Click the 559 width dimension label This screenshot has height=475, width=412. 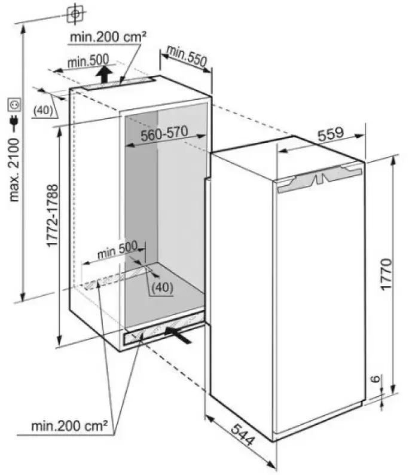coord(331,134)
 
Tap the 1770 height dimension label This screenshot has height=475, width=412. coord(386,274)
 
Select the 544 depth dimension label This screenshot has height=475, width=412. coord(242,435)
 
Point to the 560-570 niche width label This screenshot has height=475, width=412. coord(164,134)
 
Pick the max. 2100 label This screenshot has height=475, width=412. coord(14,170)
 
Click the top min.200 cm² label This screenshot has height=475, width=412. coord(108,37)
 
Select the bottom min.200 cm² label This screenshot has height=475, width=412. coord(69,426)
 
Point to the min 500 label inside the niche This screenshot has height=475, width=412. coord(117,250)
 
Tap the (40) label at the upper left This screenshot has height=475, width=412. coord(43,111)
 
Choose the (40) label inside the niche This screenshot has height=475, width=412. coord(162,287)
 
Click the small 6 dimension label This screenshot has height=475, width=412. coord(376,379)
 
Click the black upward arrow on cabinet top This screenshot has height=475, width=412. coord(105,74)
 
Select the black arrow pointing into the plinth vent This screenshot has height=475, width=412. coord(178,335)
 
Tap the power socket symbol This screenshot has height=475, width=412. coord(15,105)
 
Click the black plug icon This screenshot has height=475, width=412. coord(14,122)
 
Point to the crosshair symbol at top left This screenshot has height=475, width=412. coord(75,14)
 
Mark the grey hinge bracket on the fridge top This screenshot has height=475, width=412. coord(320,179)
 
